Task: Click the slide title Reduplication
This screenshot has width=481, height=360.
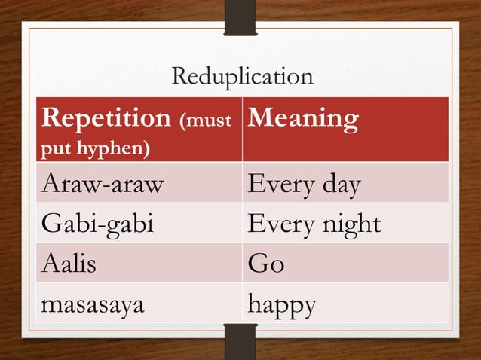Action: point(242,77)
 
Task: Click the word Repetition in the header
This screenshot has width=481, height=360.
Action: point(106,119)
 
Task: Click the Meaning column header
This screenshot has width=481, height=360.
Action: point(302,119)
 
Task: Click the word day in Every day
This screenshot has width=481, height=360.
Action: point(342,185)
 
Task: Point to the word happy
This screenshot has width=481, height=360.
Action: point(282,305)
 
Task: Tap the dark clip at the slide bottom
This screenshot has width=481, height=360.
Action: point(240,342)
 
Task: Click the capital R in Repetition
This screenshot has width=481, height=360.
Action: point(51,119)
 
